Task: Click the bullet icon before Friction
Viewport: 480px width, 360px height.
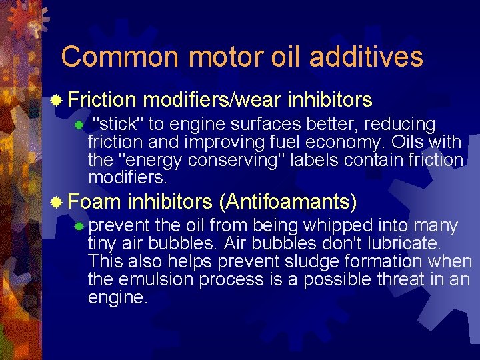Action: pos(58,101)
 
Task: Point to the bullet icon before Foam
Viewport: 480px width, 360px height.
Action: pos(58,201)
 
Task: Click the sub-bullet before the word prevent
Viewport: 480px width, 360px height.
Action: pos(79,227)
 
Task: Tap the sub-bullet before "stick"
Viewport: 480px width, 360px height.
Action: pos(79,125)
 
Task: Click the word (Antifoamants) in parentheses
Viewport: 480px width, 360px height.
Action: pos(288,201)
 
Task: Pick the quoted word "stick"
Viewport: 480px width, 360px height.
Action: pos(117,124)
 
